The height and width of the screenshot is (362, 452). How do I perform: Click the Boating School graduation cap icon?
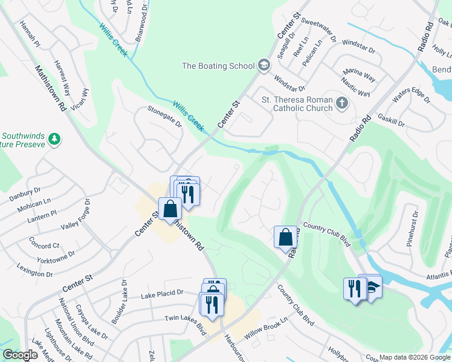point(263,66)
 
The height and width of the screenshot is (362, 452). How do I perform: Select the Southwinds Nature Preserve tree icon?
point(55,139)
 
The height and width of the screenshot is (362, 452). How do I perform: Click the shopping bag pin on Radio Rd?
point(285,237)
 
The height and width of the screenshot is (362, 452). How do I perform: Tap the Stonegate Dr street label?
point(164,116)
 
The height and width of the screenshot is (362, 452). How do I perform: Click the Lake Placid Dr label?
point(161,293)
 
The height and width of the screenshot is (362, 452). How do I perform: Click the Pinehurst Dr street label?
point(415,224)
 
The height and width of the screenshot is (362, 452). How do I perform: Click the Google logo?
point(20,355)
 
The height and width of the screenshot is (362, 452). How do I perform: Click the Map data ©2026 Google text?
point(414,357)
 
